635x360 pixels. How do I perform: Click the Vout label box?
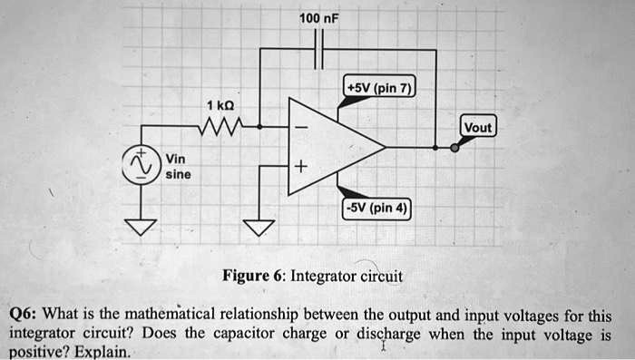tap(477, 128)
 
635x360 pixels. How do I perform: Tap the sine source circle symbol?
tap(140, 164)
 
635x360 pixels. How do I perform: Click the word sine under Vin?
tap(177, 174)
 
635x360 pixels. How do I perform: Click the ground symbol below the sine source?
tap(140, 227)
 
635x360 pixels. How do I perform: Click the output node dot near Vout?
tap(454, 146)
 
